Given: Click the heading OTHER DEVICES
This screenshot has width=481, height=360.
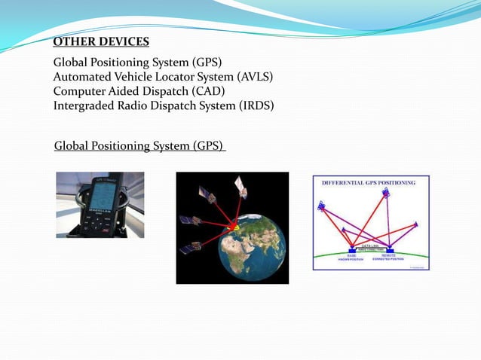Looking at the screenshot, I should (101, 41).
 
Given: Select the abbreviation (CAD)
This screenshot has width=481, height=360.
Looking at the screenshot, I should (208, 91).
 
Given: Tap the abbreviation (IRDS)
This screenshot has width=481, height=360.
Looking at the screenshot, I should (256, 105).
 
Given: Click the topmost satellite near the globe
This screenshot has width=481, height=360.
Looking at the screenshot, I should (240, 183).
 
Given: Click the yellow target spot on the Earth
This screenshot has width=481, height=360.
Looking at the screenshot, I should (234, 226).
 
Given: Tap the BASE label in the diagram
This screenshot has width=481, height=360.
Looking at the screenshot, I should (351, 255).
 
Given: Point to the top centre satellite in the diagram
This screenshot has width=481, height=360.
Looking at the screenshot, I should (386, 194).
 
